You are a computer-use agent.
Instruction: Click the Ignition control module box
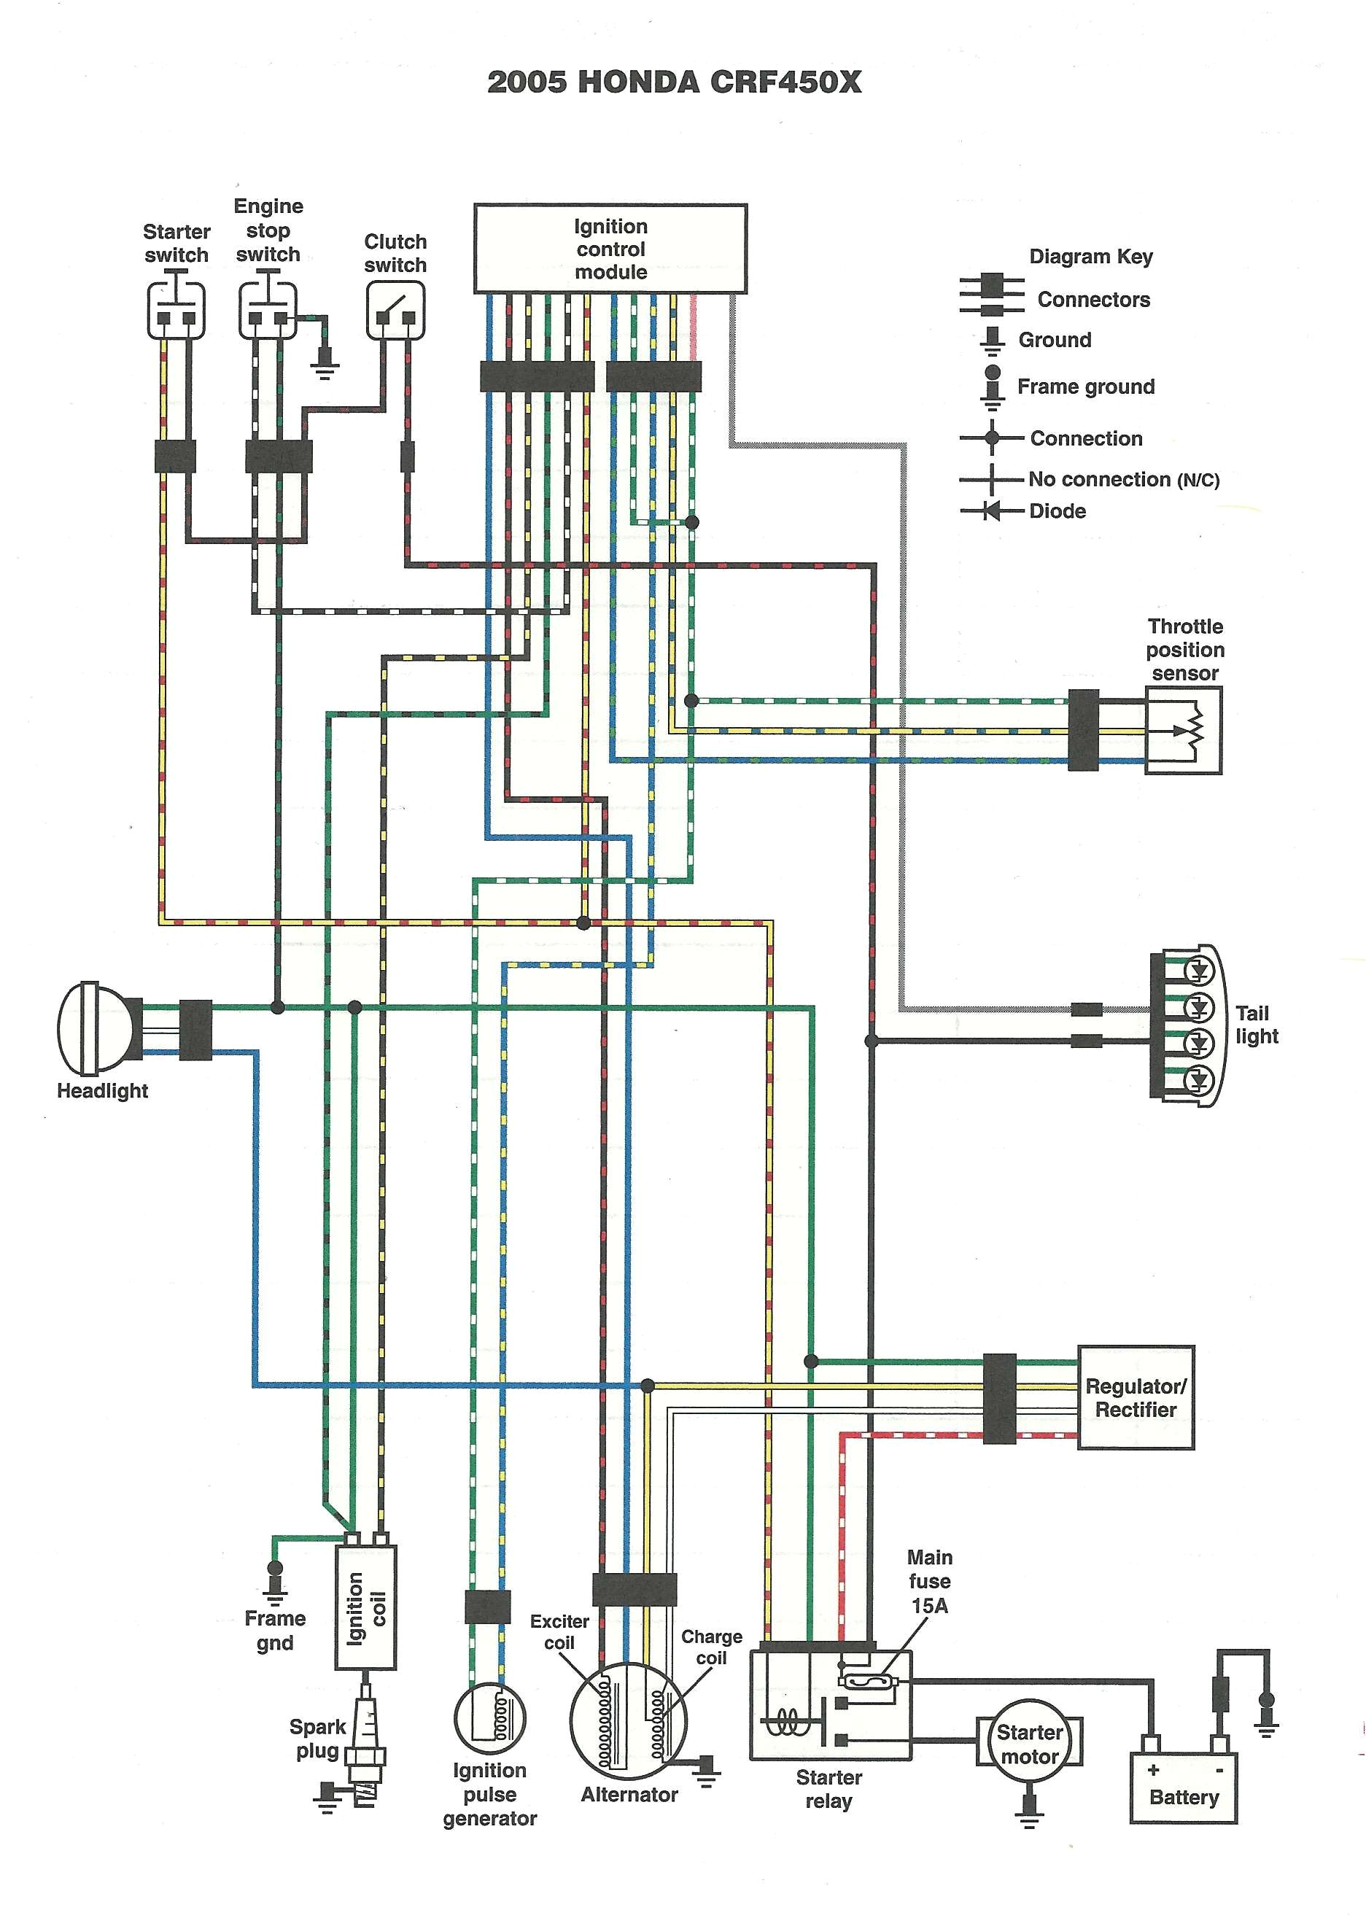pyautogui.click(x=610, y=248)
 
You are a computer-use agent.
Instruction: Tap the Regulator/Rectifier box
pyautogui.click(x=1135, y=1397)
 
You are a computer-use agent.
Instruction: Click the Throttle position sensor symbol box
pyautogui.click(x=1183, y=730)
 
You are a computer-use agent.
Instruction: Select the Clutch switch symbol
pyautogui.click(x=395, y=310)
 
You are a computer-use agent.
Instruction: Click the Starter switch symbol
pyautogui.click(x=176, y=310)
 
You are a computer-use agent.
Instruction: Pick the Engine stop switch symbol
pyautogui.click(x=268, y=310)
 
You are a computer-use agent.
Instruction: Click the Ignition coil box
pyautogui.click(x=366, y=1607)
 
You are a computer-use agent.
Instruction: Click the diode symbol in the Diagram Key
pyautogui.click(x=993, y=510)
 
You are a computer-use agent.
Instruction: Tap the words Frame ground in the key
pyautogui.click(x=1085, y=387)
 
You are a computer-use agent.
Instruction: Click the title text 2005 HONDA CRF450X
pyautogui.click(x=674, y=82)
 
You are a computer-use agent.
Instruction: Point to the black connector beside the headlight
pyautogui.click(x=196, y=1028)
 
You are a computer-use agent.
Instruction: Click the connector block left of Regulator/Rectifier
pyautogui.click(x=998, y=1398)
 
